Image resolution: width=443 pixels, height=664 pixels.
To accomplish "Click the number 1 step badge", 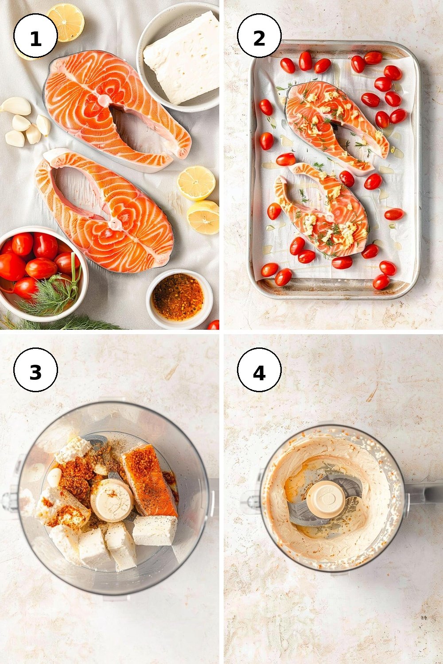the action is [35, 35].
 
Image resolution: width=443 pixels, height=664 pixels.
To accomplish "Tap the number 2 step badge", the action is [259, 35].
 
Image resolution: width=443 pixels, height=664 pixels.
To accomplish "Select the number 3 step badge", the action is [35, 370].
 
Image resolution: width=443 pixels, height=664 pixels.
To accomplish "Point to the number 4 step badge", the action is [259, 370].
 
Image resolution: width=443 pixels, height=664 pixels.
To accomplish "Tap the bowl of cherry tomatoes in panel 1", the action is [42, 273].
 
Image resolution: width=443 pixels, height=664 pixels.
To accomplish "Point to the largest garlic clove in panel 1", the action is [17, 106].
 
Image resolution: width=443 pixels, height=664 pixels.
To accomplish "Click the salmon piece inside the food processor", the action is [148, 477].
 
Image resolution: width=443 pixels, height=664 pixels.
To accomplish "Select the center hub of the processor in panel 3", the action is [112, 500].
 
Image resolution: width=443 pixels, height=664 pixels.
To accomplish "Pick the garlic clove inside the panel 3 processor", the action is [54, 477].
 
